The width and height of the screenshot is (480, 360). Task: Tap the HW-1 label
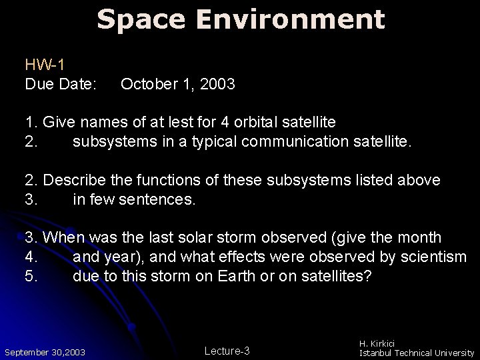44,65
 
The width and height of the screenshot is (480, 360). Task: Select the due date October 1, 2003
178,85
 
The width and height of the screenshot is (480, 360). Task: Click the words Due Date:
61,85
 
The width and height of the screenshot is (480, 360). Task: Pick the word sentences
157,199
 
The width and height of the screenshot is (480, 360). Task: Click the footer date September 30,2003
45,351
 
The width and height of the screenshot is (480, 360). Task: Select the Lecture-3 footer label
227,351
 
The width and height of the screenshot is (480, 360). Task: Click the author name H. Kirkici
383,343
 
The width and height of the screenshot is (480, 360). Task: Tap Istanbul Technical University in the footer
417,352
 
